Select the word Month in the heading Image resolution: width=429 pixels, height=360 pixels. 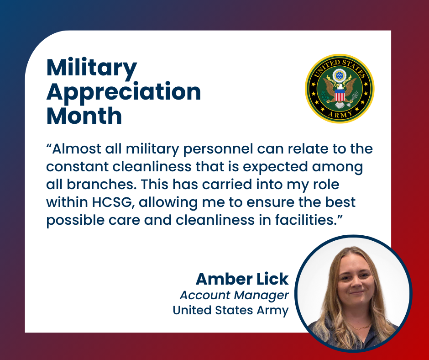84,116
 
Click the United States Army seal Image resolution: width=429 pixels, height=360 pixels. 340,89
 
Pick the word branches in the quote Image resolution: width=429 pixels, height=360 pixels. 101,185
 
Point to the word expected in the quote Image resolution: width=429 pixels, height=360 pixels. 276,167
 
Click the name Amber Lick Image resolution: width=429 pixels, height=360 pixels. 242,279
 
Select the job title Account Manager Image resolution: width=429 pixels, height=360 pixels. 234,295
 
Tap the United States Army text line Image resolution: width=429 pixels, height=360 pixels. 230,310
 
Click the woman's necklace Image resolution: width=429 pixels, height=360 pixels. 358,327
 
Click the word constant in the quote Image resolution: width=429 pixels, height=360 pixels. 78,167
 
